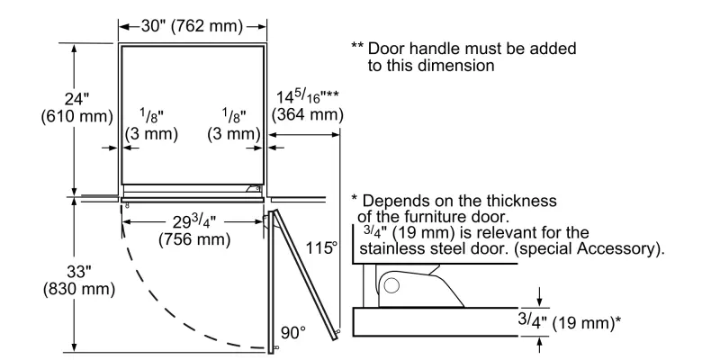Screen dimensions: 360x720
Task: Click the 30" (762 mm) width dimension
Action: coord(192,26)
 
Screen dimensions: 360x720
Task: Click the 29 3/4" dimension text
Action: coord(192,223)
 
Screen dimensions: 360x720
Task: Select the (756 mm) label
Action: coord(192,241)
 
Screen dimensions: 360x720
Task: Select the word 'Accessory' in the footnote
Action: coord(622,250)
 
